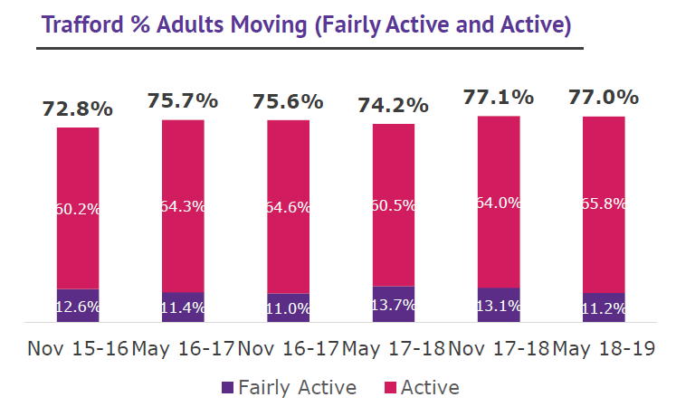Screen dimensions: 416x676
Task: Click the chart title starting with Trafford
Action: [305, 24]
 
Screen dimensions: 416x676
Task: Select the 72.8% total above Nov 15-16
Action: [78, 109]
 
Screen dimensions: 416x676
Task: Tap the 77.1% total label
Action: [499, 97]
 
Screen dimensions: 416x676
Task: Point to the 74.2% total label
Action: [393, 105]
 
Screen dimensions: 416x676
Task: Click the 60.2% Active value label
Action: [78, 209]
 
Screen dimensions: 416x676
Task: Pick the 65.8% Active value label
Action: [604, 203]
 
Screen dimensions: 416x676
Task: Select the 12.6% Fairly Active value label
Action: [78, 306]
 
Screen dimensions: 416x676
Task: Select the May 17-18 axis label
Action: [393, 348]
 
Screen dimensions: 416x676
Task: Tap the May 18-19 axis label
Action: [604, 348]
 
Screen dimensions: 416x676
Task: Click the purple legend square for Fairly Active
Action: [227, 388]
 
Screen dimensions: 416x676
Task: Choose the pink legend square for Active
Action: [390, 388]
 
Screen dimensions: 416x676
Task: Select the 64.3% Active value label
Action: [183, 206]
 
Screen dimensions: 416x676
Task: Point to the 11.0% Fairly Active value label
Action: [288, 307]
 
